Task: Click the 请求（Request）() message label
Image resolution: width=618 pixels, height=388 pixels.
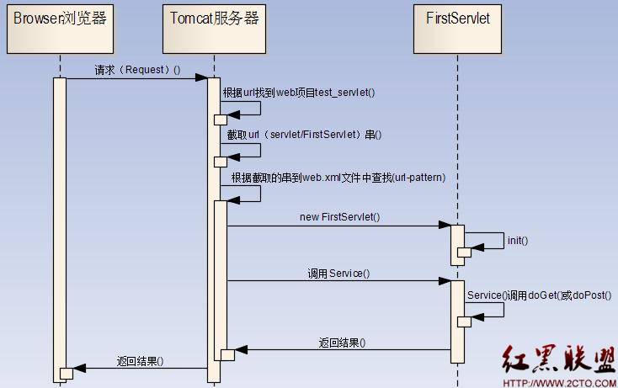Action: (137, 70)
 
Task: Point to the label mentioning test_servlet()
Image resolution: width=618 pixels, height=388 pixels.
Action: (298, 93)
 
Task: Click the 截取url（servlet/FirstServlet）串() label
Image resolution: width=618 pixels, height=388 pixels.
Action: (298, 135)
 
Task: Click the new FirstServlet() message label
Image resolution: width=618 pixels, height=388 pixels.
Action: (339, 217)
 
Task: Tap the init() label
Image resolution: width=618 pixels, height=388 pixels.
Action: (517, 241)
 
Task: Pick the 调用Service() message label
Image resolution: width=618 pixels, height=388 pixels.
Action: (338, 274)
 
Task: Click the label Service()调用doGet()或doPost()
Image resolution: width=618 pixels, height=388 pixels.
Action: (539, 295)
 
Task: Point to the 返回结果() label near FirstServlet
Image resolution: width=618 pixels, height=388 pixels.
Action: (342, 343)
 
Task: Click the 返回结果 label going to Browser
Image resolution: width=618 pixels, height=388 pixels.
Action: (139, 361)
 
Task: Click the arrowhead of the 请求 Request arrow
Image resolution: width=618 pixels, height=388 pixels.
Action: (202, 78)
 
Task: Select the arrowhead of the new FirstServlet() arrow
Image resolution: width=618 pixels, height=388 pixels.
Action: (445, 226)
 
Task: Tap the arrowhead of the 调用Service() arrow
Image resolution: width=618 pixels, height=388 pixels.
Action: (445, 281)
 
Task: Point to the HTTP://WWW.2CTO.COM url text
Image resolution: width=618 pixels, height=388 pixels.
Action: (559, 381)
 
